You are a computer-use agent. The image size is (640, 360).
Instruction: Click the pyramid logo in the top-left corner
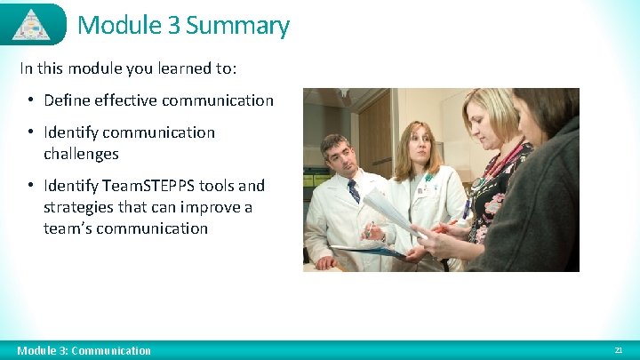pyautogui.click(x=31, y=24)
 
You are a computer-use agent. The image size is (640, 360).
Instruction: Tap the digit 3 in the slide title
pyautogui.click(x=172, y=25)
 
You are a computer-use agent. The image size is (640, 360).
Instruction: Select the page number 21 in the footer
pyautogui.click(x=619, y=350)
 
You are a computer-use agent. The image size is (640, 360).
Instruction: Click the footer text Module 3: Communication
pyautogui.click(x=84, y=350)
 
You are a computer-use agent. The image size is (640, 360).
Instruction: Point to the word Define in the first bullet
pyautogui.click(x=67, y=100)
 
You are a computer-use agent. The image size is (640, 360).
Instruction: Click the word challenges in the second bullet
pyautogui.click(x=81, y=154)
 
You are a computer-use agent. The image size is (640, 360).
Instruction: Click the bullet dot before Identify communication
pyautogui.click(x=30, y=132)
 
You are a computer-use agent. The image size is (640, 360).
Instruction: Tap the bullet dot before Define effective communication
pyautogui.click(x=30, y=100)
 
